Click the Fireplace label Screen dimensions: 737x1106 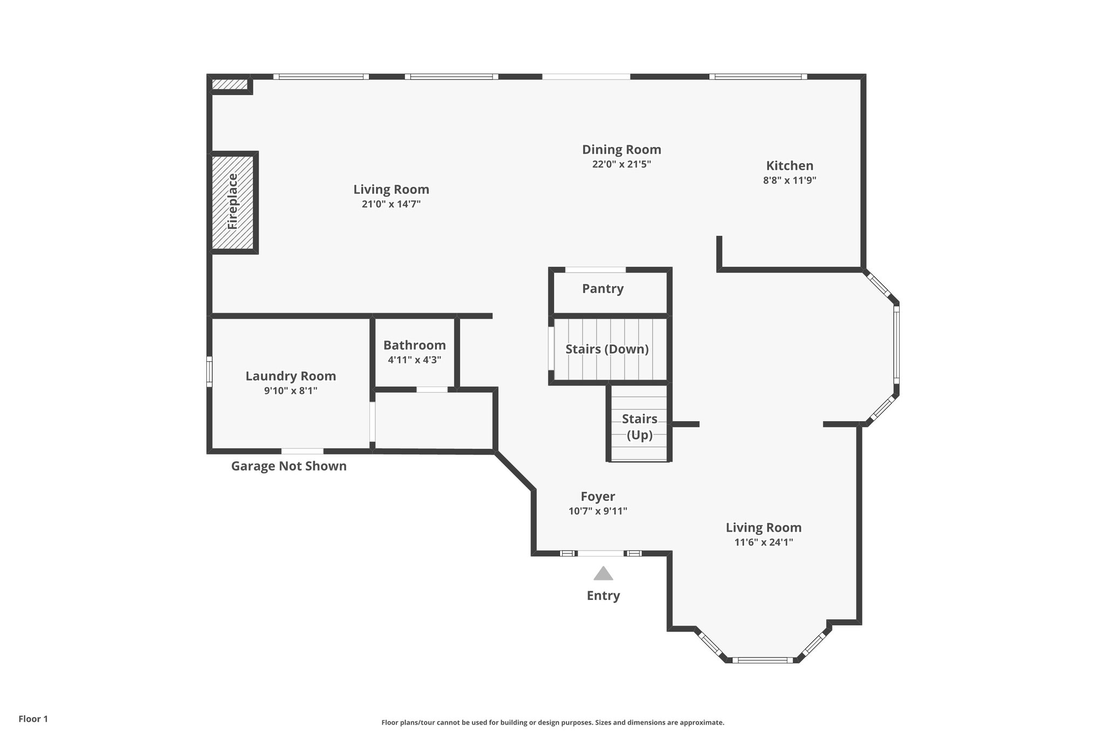click(233, 201)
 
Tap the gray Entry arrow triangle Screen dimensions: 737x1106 click(603, 573)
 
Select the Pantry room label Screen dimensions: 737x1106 click(603, 288)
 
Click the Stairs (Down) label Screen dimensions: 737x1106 click(607, 349)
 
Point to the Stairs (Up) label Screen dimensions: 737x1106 click(639, 427)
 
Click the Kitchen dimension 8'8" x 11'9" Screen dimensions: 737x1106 click(789, 180)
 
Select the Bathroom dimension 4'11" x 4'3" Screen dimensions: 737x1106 click(414, 360)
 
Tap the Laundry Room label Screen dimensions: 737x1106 click(291, 376)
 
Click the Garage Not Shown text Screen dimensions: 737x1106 click(289, 466)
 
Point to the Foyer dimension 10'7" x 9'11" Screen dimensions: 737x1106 click(597, 511)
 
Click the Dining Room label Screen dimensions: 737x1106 click(621, 150)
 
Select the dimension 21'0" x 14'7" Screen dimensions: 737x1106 click(391, 204)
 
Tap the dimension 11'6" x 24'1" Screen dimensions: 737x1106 click(763, 542)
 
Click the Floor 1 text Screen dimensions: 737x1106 click(33, 719)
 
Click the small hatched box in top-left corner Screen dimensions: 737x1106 click(229, 84)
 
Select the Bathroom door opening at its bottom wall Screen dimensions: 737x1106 click(431, 389)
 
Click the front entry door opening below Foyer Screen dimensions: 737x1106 click(601, 553)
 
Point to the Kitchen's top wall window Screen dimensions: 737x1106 click(758, 77)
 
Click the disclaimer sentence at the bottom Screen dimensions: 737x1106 click(552, 722)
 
